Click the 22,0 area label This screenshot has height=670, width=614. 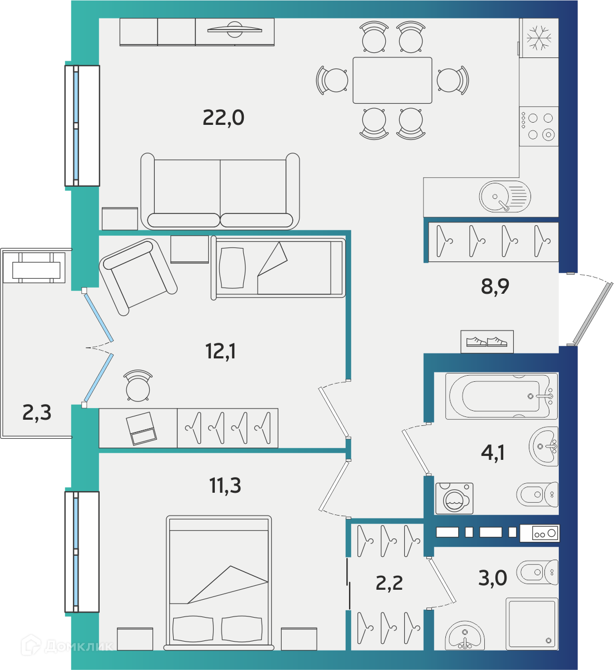click(x=223, y=118)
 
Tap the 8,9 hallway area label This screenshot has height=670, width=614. click(x=495, y=287)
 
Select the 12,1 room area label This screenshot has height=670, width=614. click(x=220, y=351)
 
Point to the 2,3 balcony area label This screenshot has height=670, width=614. click(x=37, y=413)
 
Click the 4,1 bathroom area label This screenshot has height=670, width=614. click(x=493, y=453)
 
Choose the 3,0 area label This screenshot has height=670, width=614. click(x=493, y=578)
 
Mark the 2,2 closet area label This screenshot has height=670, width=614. click(x=389, y=583)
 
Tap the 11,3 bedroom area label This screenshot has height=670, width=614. click(x=225, y=485)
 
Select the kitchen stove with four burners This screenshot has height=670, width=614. click(x=539, y=126)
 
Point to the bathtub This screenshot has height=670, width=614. click(x=501, y=396)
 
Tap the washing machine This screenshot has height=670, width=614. click(x=454, y=499)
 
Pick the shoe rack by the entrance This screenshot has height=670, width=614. click(x=487, y=342)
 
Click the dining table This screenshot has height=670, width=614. click(x=392, y=80)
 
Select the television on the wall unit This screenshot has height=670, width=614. click(x=234, y=30)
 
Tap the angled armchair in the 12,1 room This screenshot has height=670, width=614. click(x=138, y=277)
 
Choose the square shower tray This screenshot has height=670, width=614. click(x=532, y=624)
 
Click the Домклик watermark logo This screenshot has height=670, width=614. click(x=67, y=645)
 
